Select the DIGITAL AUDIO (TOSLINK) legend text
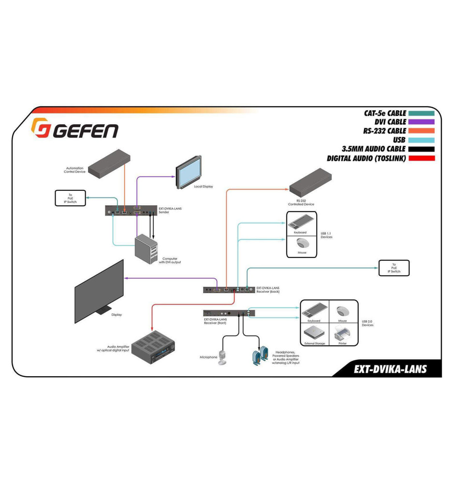[x=366, y=158]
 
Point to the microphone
[x=222, y=356]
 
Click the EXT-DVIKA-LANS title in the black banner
[x=390, y=369]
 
